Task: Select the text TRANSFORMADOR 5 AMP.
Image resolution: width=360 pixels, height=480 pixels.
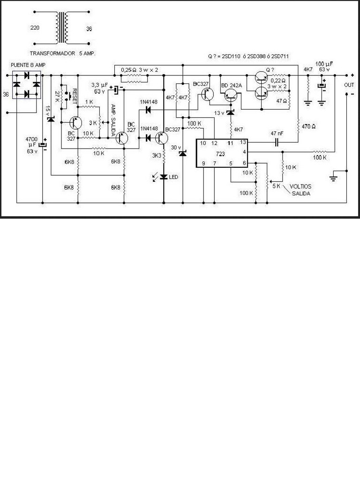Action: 63,54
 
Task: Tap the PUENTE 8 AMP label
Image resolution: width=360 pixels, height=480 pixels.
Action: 28,65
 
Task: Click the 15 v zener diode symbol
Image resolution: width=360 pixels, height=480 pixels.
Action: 51,120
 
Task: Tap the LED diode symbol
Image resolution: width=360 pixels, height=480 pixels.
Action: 164,177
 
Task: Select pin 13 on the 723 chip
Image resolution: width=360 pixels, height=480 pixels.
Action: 243,142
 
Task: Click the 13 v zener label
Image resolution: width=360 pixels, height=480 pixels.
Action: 219,113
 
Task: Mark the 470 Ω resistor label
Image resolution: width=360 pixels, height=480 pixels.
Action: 308,126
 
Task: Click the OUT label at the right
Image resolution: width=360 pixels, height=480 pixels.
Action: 349,85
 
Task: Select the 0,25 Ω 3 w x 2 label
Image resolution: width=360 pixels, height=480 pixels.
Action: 139,69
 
